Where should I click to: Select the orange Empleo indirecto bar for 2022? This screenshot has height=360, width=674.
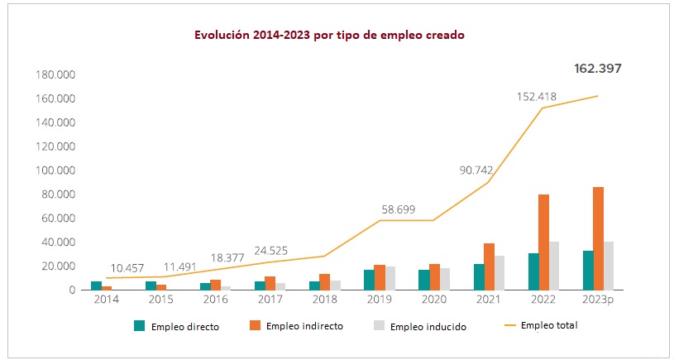pos(543,242)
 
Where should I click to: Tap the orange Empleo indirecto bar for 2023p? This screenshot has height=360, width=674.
pos(598,238)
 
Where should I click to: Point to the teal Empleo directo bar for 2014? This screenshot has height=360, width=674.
pos(96,286)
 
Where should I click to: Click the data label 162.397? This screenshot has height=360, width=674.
pos(597,68)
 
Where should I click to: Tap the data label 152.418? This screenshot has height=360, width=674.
pos(536,96)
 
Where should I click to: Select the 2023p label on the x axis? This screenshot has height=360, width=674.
pos(598,299)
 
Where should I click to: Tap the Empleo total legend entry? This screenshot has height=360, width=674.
pos(549,325)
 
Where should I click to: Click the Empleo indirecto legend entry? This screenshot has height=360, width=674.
pos(304,326)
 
